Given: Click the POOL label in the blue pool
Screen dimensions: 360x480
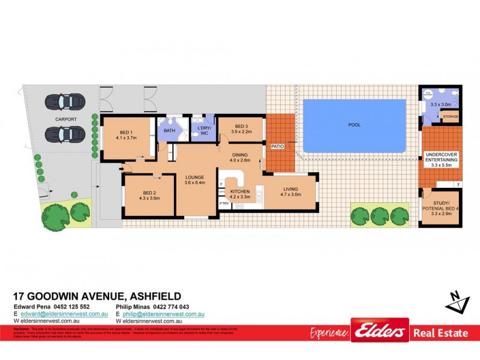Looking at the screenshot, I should [x=355, y=125].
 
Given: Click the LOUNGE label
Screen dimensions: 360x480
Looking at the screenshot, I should [x=194, y=178].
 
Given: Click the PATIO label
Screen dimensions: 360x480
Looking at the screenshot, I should [x=277, y=146].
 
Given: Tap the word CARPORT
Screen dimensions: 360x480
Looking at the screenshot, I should [x=66, y=119].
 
